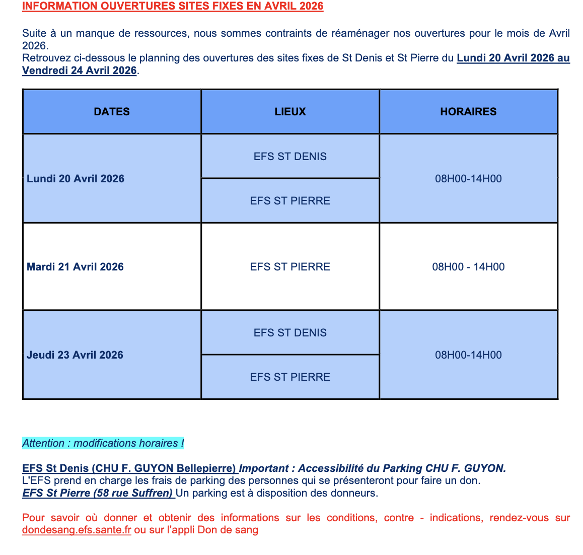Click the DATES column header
point(112,112)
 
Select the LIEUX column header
point(290,112)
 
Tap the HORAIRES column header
point(468,112)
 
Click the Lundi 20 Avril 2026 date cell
point(76,179)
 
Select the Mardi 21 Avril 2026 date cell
point(75,267)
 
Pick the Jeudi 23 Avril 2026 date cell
point(75,355)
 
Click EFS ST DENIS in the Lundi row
point(290,157)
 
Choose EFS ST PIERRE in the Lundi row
point(290,201)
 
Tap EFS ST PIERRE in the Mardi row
point(290,267)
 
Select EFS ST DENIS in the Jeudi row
point(290,333)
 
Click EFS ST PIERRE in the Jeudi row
point(290,377)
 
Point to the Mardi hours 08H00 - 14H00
point(468,267)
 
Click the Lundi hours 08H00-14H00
point(468,179)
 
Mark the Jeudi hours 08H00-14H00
point(468,355)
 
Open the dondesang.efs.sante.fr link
point(77,530)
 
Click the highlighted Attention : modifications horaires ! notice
point(103,443)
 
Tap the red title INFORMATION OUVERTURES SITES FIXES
point(173,7)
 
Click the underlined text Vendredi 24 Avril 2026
point(80,71)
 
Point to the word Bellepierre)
point(206,468)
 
